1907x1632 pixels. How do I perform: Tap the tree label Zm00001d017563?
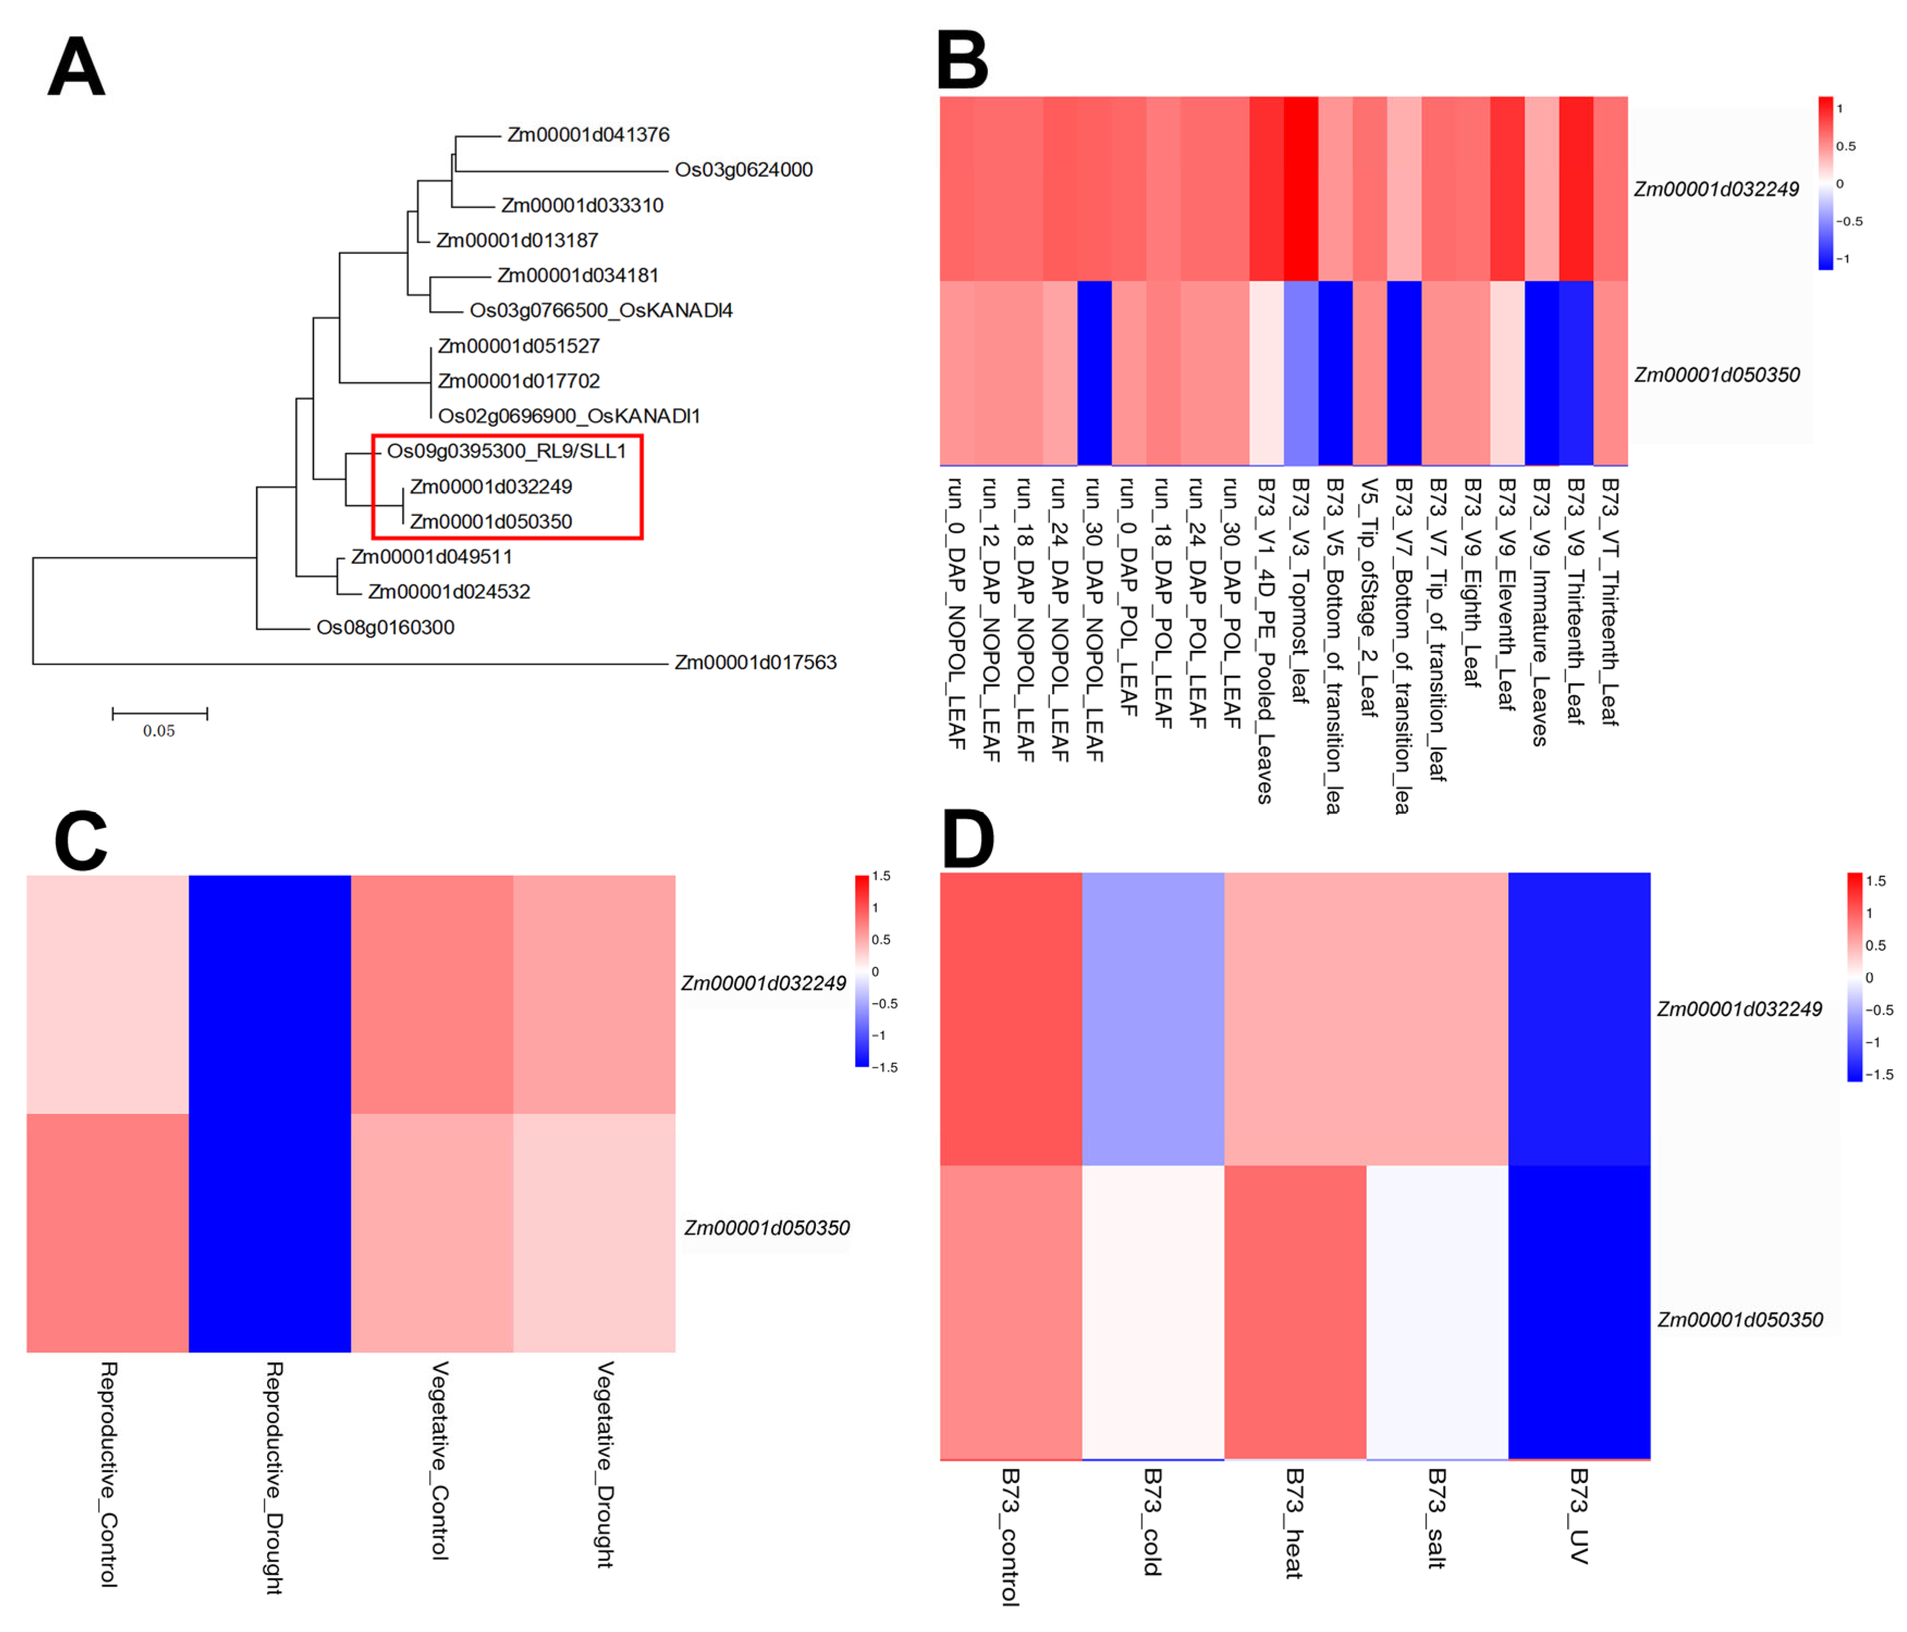[x=756, y=662]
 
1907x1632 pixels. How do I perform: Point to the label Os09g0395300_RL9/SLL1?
[x=506, y=451]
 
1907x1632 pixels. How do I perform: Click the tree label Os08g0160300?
[x=386, y=627]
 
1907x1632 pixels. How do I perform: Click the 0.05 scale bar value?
[x=158, y=731]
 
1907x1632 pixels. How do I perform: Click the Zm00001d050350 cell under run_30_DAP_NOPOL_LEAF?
[x=1094, y=372]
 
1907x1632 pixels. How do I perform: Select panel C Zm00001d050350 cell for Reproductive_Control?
[x=108, y=1233]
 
